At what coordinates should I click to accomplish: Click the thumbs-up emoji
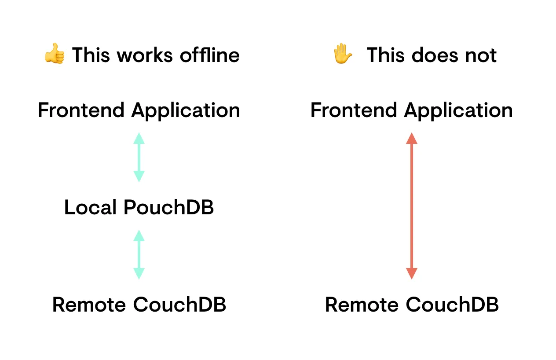pos(54,55)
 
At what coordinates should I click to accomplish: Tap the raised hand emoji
pos(343,55)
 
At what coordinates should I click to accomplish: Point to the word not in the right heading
pos(480,55)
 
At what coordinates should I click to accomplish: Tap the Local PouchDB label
pos(139,207)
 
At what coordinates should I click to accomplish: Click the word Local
pos(91,207)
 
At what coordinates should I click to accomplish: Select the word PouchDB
pos(168,207)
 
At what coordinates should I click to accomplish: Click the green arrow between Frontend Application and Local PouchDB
pos(139,157)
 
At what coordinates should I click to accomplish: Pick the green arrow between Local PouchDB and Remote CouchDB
pos(139,254)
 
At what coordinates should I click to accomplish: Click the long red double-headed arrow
pos(411,206)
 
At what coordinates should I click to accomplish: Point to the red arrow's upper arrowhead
pos(411,138)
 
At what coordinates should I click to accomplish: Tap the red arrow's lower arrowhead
pos(411,273)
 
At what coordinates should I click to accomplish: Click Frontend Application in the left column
pos(139,110)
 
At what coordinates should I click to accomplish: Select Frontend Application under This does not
pos(411,110)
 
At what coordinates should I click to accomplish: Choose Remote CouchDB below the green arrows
pos(139,305)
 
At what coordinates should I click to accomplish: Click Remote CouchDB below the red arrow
pos(412,305)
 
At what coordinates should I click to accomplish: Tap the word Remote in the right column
pos(362,305)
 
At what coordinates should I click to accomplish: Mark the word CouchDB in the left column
pos(179,305)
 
